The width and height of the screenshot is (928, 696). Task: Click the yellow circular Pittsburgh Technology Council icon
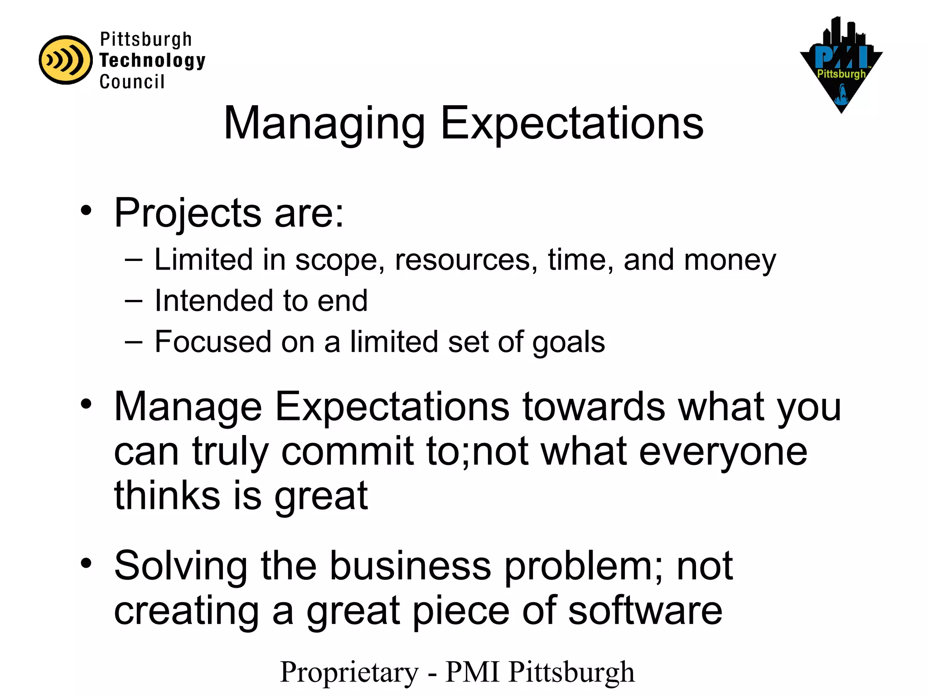(66, 60)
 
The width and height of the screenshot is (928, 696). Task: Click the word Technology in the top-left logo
(152, 60)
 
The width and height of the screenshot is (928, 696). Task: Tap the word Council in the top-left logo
(132, 82)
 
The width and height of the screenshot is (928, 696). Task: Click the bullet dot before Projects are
(86, 211)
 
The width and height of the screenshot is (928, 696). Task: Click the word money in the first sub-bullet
(730, 261)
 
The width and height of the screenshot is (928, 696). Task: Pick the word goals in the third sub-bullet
(568, 343)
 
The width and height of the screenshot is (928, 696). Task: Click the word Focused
(213, 342)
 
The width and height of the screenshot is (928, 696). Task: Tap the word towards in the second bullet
(594, 407)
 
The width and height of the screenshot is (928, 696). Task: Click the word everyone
(723, 452)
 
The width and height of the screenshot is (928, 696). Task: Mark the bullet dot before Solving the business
(86, 564)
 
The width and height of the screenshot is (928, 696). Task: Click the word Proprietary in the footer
(349, 672)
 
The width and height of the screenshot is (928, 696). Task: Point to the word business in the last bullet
(410, 566)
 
